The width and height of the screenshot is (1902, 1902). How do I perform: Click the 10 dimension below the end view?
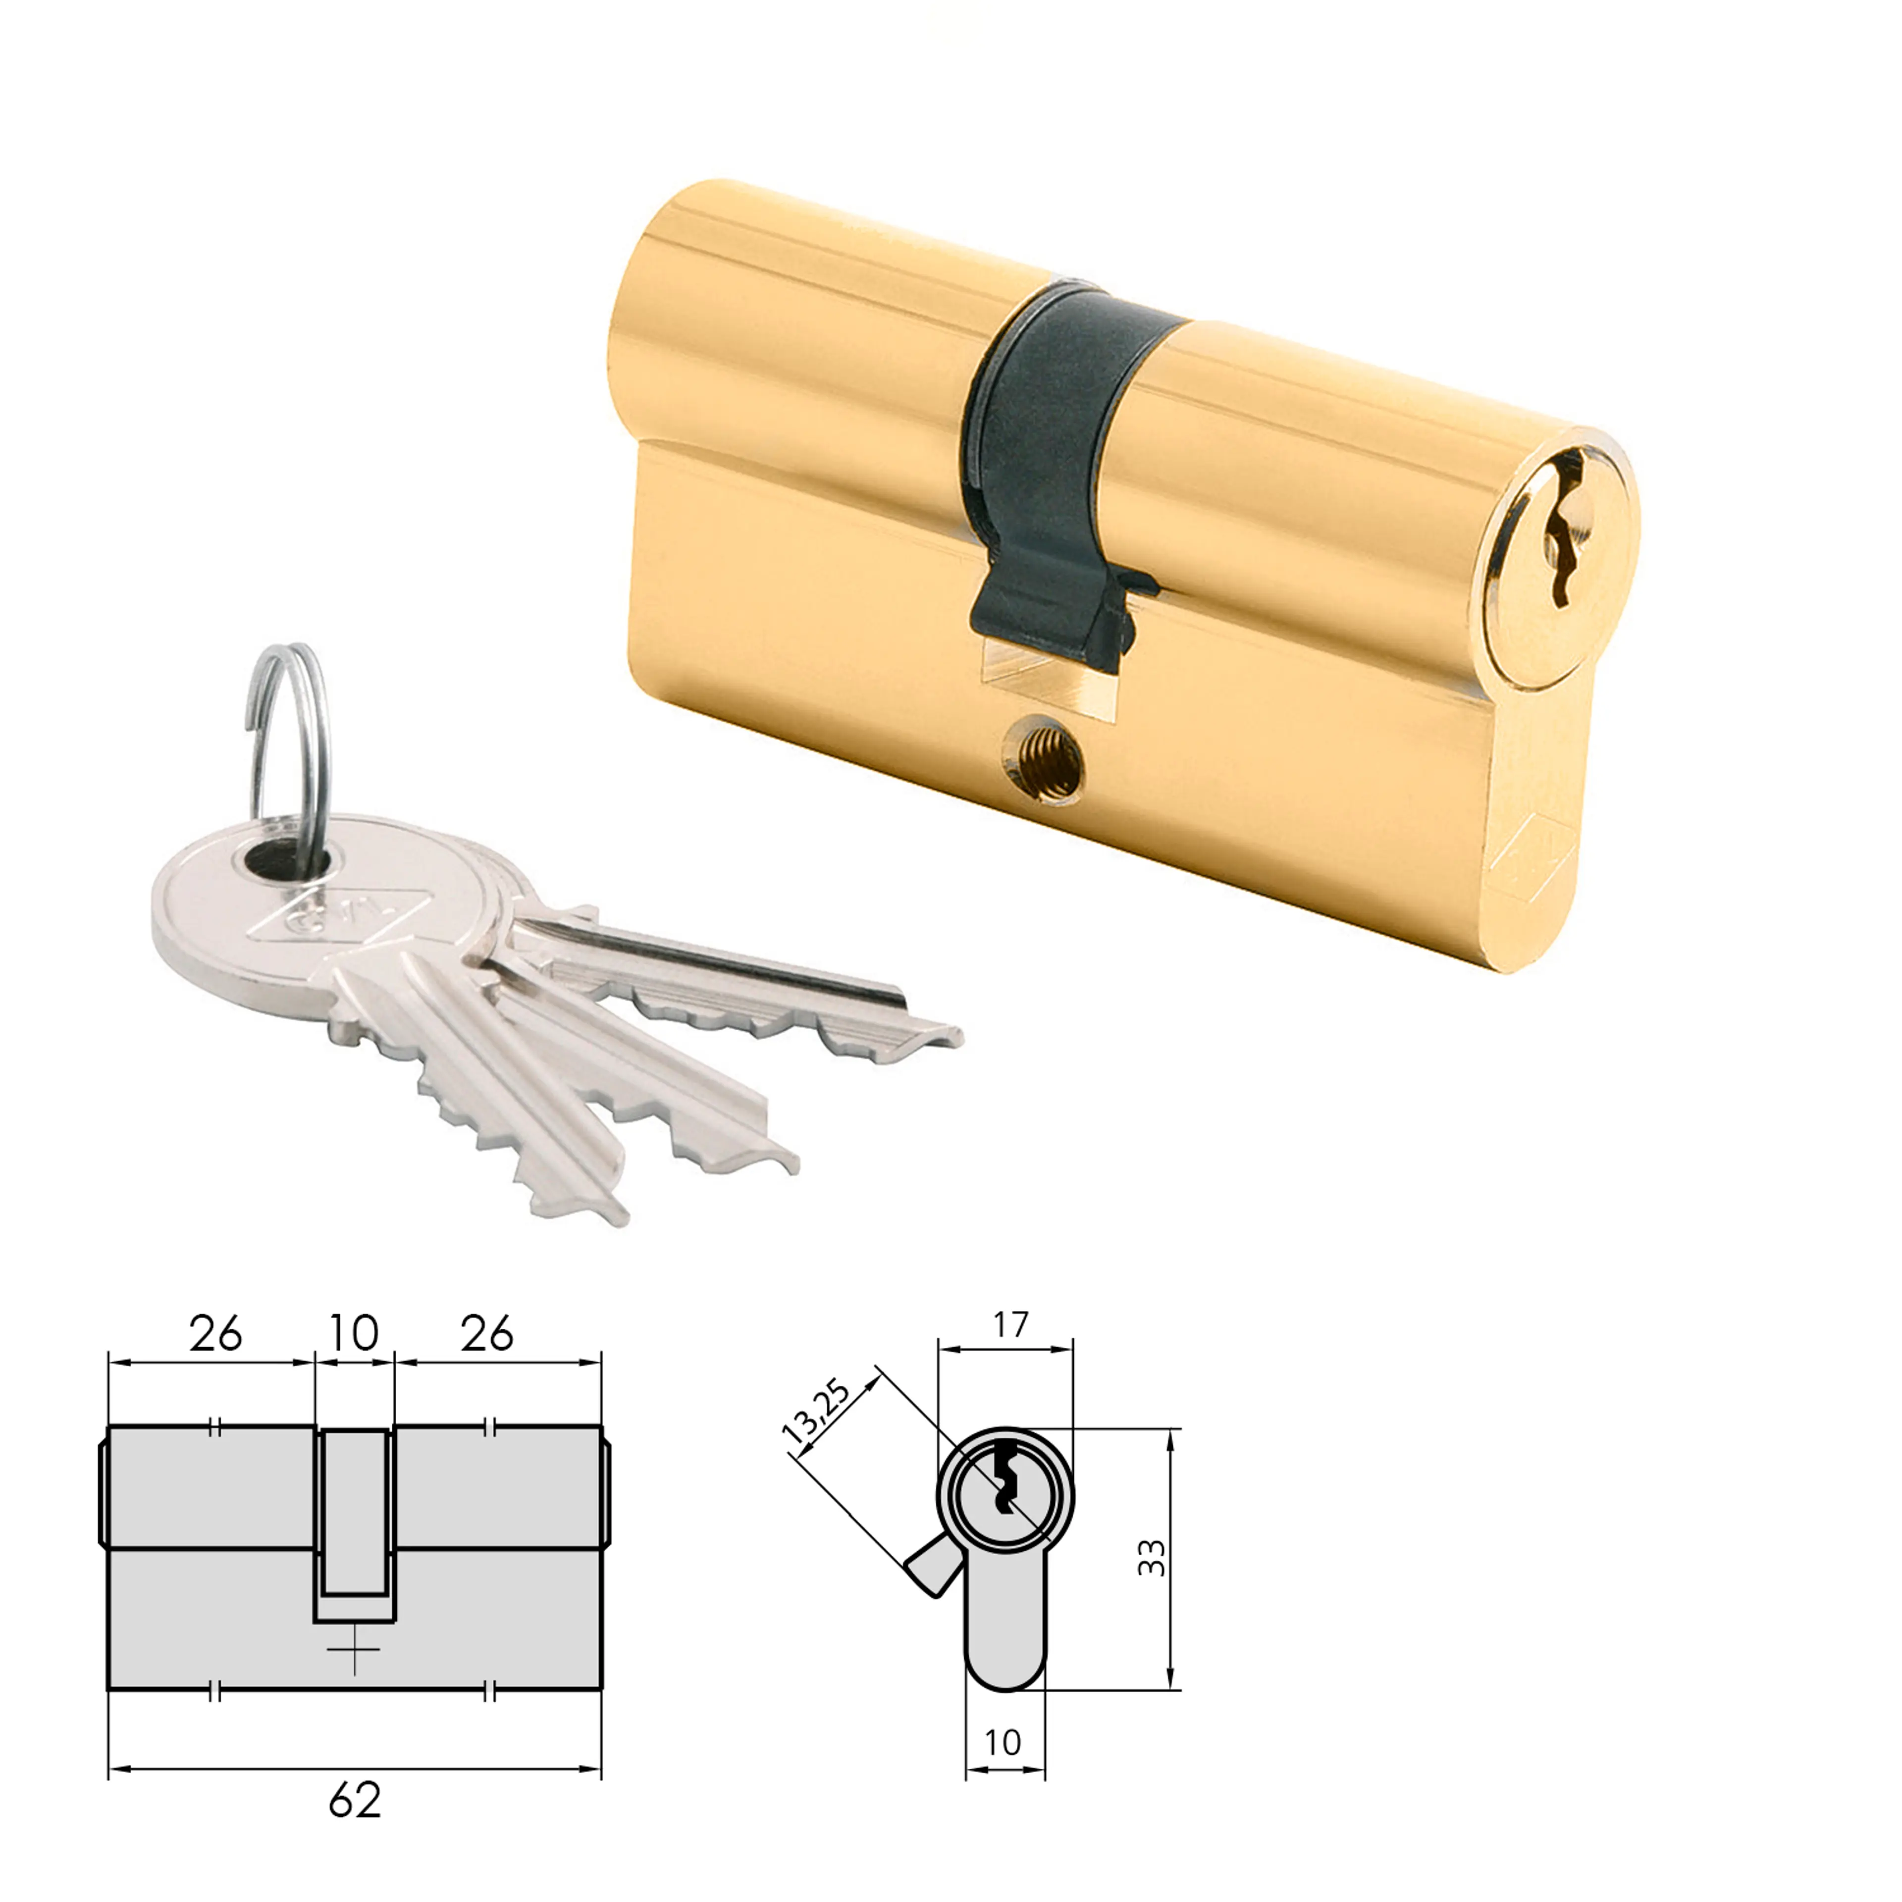[1002, 1743]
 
